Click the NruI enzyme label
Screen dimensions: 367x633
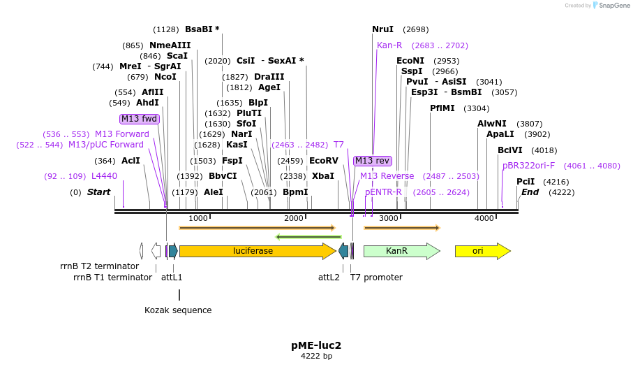382,29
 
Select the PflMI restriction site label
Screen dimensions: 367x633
442,108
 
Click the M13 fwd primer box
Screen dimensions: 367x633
140,119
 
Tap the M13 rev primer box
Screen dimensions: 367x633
372,161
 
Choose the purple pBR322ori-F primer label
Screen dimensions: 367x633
528,166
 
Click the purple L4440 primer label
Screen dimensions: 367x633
104,176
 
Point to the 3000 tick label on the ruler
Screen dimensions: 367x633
389,219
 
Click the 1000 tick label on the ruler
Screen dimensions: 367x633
198,219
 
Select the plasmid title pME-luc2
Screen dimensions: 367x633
316,345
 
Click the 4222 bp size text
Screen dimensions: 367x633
316,357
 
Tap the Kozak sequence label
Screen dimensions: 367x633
178,310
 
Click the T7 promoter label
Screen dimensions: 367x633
376,278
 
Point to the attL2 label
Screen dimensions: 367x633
329,278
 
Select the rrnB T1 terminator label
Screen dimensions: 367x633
112,278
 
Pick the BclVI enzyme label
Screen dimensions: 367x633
509,150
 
